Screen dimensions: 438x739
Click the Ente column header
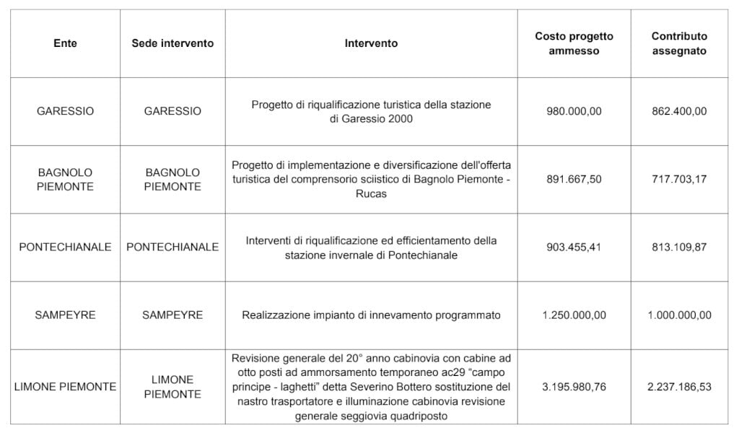pyautogui.click(x=65, y=43)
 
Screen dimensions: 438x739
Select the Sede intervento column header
pyautogui.click(x=172, y=43)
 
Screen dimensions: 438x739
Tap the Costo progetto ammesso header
pyautogui.click(x=574, y=43)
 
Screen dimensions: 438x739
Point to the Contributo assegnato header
pyautogui.click(x=678, y=43)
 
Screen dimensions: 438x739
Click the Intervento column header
pyautogui.click(x=371, y=43)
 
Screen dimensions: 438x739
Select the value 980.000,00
pyautogui.click(x=574, y=112)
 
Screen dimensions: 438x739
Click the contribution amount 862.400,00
pyautogui.click(x=678, y=112)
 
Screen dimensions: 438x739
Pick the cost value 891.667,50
pyautogui.click(x=574, y=180)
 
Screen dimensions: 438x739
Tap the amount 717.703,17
pyautogui.click(x=678, y=180)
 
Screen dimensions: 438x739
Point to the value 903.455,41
pyautogui.click(x=574, y=247)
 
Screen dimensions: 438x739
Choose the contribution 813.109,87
pyautogui.click(x=678, y=247)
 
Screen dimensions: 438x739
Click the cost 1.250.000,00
pyautogui.click(x=574, y=315)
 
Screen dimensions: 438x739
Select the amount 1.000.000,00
pyautogui.click(x=678, y=315)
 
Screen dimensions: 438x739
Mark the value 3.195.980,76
pyautogui.click(x=574, y=387)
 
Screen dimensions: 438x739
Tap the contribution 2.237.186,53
pyautogui.click(x=678, y=387)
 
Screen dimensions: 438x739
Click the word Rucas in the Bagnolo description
pyautogui.click(x=371, y=194)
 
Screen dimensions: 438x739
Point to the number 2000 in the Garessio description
pyautogui.click(x=399, y=119)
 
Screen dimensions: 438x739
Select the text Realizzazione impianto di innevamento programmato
pyautogui.click(x=371, y=315)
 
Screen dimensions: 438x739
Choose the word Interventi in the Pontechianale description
pyautogui.click(x=270, y=240)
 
